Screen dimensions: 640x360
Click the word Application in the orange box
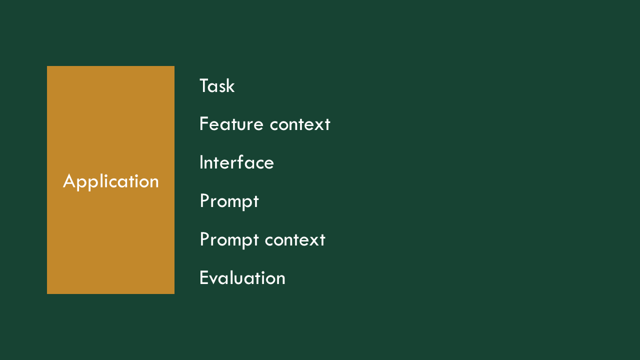111,181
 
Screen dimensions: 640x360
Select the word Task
217,85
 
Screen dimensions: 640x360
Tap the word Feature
231,124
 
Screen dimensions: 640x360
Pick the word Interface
236,162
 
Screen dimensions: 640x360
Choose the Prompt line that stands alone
229,201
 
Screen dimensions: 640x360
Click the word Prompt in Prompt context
229,240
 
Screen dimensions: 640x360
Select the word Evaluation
242,277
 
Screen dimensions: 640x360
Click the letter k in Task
231,85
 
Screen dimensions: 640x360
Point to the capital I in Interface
201,162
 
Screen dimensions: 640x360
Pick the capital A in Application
69,180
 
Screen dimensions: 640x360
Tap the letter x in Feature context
318,126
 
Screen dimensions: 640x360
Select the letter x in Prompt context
313,241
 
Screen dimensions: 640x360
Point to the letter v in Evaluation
214,279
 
